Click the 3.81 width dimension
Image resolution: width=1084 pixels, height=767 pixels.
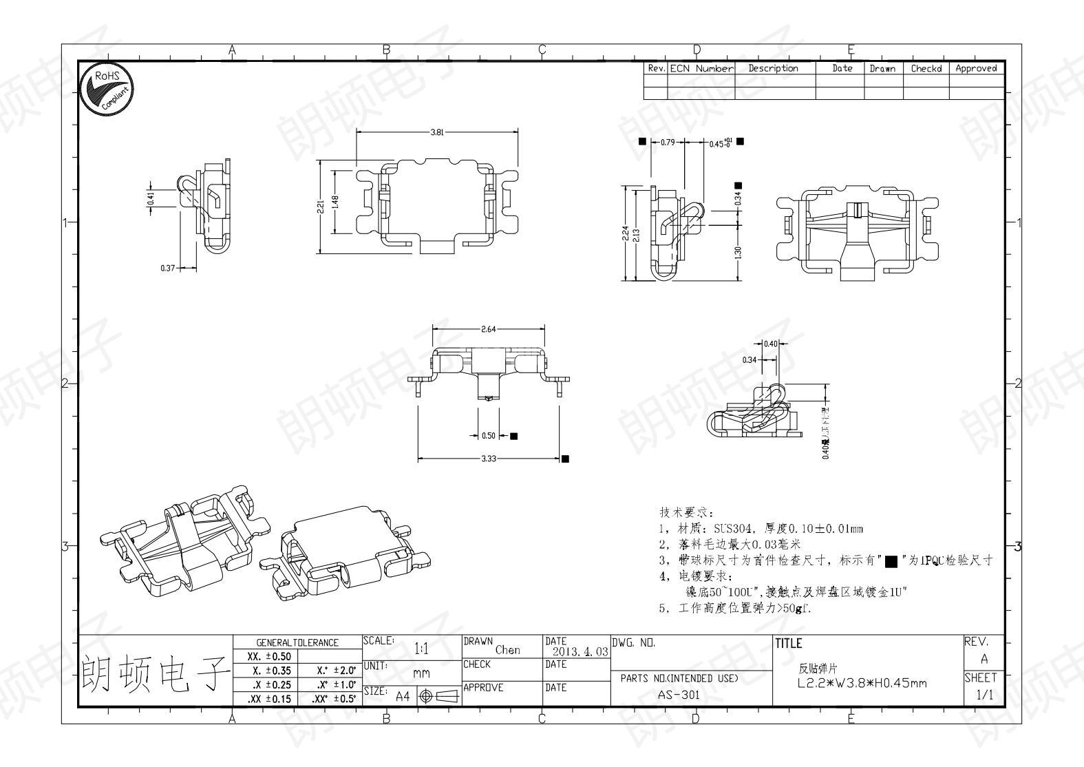tap(437, 133)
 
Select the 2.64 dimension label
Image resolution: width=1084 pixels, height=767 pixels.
tap(488, 329)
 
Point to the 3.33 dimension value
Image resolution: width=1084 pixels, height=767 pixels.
tap(488, 459)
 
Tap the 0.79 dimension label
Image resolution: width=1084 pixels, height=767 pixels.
tap(667, 143)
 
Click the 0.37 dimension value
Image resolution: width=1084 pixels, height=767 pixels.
tap(167, 268)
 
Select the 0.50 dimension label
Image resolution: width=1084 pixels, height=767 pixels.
tap(488, 436)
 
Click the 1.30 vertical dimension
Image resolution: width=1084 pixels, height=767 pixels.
tap(738, 253)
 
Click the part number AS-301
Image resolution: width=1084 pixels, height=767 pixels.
tap(679, 695)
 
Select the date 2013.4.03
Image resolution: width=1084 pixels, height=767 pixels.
tap(577, 651)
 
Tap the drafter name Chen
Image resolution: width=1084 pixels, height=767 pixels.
tap(508, 650)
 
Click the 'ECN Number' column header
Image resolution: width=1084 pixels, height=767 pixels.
tap(701, 68)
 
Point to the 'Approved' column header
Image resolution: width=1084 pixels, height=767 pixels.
tap(976, 68)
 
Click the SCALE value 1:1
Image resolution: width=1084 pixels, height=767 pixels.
tap(422, 649)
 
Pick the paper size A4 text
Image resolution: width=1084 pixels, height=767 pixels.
tap(403, 696)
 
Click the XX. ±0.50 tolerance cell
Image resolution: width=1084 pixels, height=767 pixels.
tap(268, 657)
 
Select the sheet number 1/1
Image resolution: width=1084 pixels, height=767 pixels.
tap(984, 695)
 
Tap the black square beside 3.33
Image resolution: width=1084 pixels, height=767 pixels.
tap(565, 459)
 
